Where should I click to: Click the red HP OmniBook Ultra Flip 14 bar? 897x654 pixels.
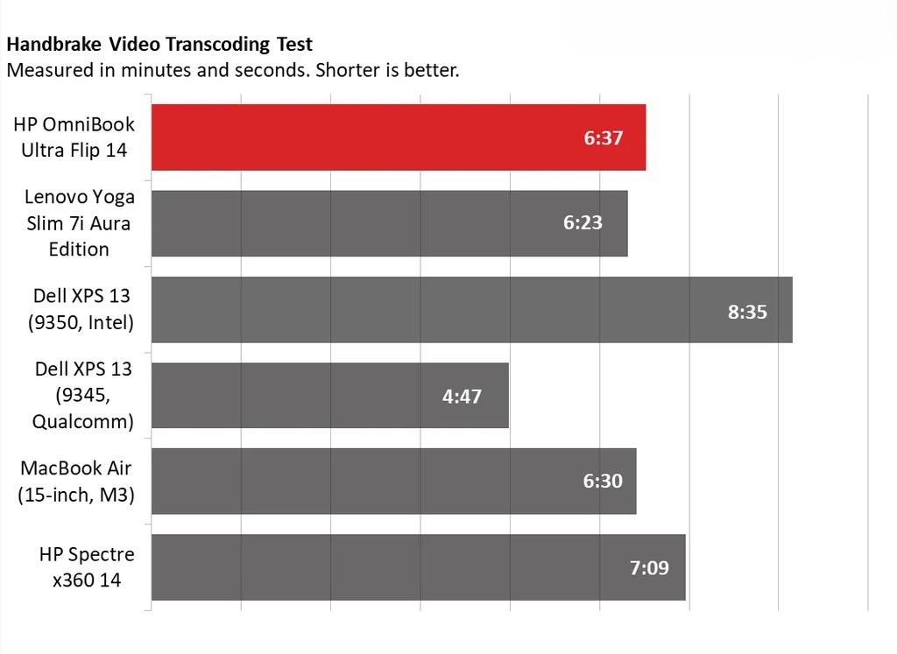pos(399,137)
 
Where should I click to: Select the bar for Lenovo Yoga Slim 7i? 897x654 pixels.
pos(390,223)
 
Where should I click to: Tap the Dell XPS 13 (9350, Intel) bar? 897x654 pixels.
pos(472,310)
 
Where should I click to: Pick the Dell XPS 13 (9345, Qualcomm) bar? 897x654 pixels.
pos(330,396)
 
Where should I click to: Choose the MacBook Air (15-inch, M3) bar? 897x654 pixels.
pos(394,482)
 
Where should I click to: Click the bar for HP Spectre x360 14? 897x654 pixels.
pos(419,567)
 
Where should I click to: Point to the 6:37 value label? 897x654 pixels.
pos(604,137)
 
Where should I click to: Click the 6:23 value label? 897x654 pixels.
pos(583,223)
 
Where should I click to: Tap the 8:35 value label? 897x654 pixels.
pos(747,311)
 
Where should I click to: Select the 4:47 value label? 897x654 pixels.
pos(462,396)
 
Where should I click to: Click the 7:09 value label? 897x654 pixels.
pos(649,567)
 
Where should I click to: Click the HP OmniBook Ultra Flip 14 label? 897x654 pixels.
pos(74,137)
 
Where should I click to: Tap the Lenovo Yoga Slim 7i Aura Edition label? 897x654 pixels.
pos(79,223)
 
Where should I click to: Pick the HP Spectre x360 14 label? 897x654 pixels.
pos(86,566)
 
